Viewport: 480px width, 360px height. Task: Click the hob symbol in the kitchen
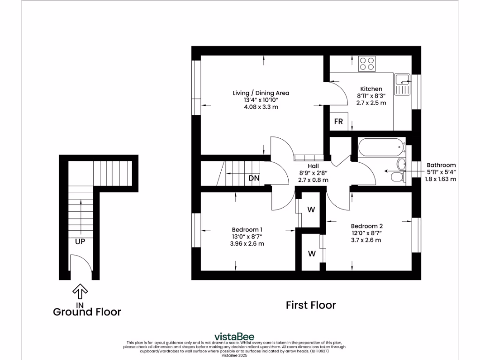[367, 63]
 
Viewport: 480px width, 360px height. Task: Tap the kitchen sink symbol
[402, 84]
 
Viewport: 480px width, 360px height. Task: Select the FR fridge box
[338, 122]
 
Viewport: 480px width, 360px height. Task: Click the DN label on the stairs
[254, 178]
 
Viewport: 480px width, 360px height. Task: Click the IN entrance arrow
[80, 292]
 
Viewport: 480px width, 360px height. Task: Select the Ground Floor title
[87, 312]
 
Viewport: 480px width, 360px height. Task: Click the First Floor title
[311, 305]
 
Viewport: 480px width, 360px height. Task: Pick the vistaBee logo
[234, 336]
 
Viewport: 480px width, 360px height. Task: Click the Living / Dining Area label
[261, 93]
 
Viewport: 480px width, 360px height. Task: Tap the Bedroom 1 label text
[247, 229]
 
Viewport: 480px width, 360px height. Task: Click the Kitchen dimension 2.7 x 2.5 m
[371, 103]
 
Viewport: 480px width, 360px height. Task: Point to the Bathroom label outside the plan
[441, 165]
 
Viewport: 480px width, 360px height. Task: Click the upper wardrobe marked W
[311, 210]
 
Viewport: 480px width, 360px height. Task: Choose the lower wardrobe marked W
[311, 254]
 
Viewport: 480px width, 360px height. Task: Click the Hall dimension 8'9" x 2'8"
[313, 173]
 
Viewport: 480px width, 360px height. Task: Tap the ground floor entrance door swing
[76, 265]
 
